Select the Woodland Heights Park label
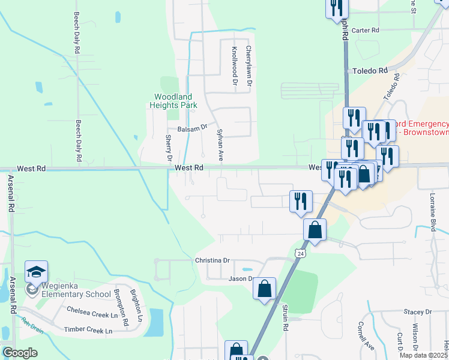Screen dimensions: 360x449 tap(173, 101)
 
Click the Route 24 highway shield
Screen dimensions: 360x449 tap(299, 254)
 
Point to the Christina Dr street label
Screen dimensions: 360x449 tap(212, 260)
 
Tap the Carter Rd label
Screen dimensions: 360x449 tap(366, 30)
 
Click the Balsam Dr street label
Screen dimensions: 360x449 tap(192, 128)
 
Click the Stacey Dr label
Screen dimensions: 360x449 tap(418, 312)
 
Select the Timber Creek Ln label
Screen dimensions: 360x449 tap(88, 331)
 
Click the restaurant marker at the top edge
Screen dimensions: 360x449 tap(337, 8)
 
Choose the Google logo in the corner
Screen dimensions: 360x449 tap(20, 353)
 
